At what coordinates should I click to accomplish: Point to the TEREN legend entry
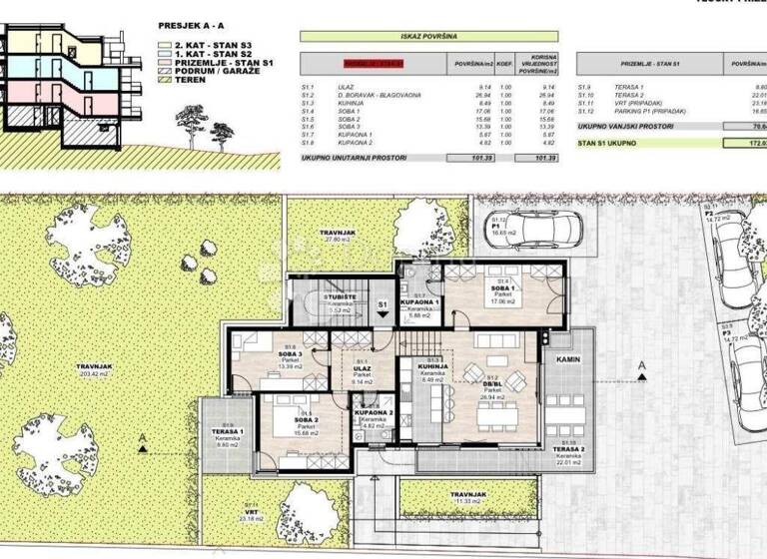190,79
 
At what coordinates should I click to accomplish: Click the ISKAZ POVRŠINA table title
428,36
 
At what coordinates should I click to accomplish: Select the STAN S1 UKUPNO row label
610,143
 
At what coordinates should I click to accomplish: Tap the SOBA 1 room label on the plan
496,283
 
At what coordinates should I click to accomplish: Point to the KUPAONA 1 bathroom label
420,300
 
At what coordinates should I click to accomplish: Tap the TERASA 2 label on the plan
569,450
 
